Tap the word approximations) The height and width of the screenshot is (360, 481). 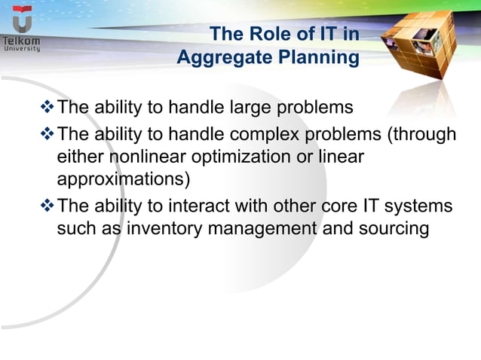click(124, 182)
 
